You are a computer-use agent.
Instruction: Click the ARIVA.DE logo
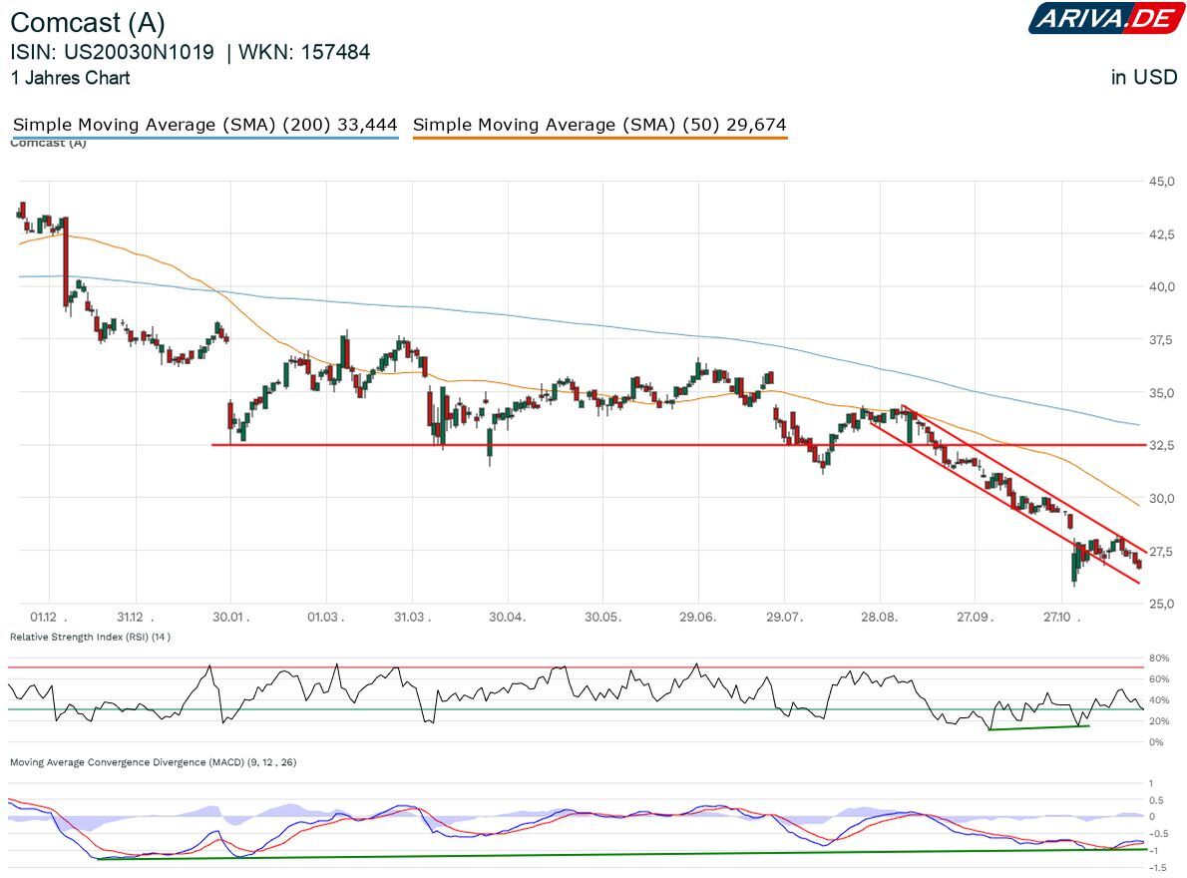click(x=1107, y=18)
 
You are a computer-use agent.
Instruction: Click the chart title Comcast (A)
click(x=88, y=23)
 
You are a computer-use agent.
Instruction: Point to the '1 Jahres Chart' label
click(x=70, y=77)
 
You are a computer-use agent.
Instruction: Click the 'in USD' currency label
click(x=1144, y=77)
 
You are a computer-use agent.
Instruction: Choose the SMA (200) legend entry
click(x=204, y=125)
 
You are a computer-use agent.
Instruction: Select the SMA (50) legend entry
click(x=599, y=125)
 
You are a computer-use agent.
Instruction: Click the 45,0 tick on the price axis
click(x=1160, y=182)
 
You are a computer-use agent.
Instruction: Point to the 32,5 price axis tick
click(x=1160, y=445)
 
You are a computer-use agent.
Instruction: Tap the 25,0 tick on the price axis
click(x=1160, y=604)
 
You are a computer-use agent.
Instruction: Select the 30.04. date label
click(x=507, y=617)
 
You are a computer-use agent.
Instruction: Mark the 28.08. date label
click(x=879, y=617)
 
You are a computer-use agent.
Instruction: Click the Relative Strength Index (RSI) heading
click(x=90, y=637)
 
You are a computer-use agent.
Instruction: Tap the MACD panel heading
click(x=153, y=762)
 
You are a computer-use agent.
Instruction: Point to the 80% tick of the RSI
click(x=1158, y=658)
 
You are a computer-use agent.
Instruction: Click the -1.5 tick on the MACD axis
click(x=1156, y=868)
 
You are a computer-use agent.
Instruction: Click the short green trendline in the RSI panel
click(x=1037, y=727)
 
